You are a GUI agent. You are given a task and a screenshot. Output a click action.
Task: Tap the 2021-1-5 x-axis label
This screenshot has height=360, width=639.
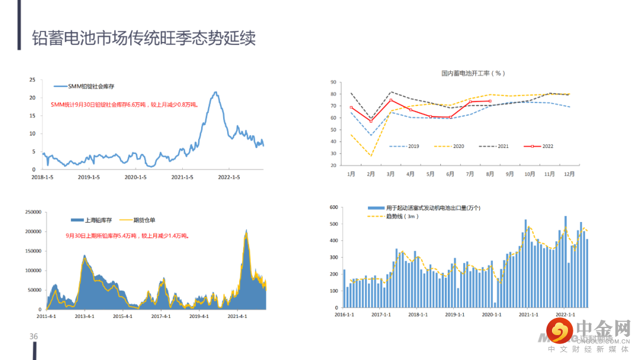pos(181,177)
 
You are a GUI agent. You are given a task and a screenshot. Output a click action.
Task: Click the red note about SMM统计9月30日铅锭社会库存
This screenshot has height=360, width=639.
pos(124,105)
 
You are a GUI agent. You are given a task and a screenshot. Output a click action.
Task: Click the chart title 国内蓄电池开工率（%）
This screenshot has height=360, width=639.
pos(473,73)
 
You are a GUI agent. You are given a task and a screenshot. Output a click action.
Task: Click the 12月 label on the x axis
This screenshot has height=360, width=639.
pos(569,174)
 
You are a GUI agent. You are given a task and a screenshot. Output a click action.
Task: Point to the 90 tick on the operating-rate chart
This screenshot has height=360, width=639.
pos(333,82)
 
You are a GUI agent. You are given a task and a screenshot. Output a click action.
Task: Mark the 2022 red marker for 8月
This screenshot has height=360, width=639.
pos(490,101)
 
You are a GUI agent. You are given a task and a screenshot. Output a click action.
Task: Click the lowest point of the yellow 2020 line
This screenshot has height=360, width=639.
pos(371,156)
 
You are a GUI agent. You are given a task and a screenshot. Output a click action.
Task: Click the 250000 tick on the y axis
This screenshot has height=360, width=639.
pos(30,211)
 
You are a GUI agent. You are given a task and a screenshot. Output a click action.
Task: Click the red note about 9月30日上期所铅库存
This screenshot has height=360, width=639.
pos(127,236)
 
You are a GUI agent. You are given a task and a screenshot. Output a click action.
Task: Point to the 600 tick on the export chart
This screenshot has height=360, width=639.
pos(333,208)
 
